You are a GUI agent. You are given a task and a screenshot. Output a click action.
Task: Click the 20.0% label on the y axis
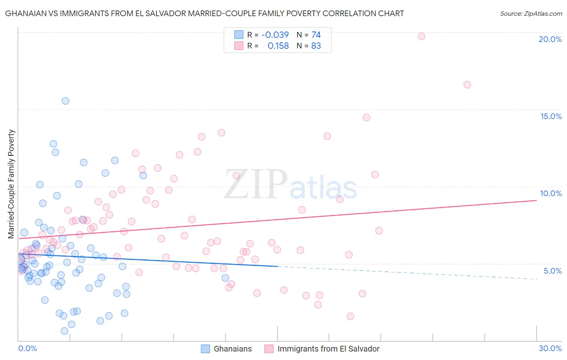(x=550, y=39)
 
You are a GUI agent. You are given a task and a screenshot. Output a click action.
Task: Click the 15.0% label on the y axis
(x=551, y=116)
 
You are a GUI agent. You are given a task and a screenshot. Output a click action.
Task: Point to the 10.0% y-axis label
(x=551, y=193)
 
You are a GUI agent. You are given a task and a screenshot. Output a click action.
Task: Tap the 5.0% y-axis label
(x=552, y=271)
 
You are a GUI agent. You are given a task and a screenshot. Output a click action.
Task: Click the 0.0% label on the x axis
(x=27, y=348)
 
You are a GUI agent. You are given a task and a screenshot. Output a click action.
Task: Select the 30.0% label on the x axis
(x=550, y=348)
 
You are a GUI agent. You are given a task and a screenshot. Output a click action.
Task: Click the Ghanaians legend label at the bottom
(x=233, y=349)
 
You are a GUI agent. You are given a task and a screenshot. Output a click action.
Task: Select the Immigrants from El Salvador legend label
(x=328, y=349)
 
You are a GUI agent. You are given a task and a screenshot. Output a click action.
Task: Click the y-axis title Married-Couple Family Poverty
(x=11, y=184)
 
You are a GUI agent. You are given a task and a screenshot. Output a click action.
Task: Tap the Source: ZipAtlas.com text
(x=531, y=14)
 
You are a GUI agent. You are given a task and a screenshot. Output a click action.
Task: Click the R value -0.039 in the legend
(x=275, y=35)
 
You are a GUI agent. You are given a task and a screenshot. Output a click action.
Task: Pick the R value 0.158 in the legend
(x=278, y=46)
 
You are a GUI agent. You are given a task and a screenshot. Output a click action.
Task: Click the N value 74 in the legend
(x=316, y=35)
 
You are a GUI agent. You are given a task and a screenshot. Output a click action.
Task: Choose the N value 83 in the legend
(x=316, y=46)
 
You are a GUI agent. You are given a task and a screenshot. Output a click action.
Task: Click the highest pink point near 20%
(x=421, y=36)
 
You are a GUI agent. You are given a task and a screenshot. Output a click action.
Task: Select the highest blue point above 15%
(x=65, y=101)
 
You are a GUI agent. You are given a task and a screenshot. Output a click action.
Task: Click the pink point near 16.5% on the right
(x=467, y=85)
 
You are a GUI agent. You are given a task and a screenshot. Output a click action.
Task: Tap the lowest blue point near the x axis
(x=65, y=331)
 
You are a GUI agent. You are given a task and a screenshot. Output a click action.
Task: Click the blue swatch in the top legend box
(x=239, y=35)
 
